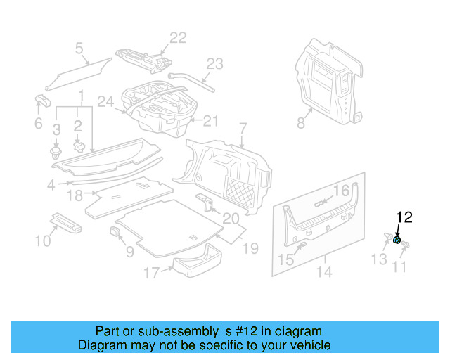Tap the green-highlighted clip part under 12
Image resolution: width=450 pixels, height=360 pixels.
click(x=397, y=240)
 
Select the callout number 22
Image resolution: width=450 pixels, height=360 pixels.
click(x=178, y=38)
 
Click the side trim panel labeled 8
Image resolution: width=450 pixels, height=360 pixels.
click(x=327, y=81)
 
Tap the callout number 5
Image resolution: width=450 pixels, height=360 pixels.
click(x=79, y=48)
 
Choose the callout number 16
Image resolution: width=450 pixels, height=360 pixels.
click(x=340, y=191)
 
